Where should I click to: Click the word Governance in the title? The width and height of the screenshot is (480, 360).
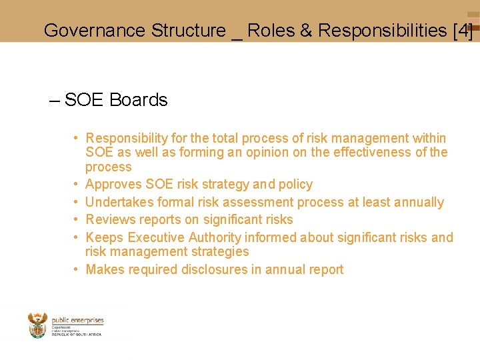[94, 31]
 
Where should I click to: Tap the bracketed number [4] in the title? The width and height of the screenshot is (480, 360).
[462, 31]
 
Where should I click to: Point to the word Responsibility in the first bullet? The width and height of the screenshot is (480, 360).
[127, 139]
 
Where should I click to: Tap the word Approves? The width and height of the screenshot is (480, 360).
[113, 185]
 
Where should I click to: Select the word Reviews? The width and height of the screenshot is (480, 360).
[110, 220]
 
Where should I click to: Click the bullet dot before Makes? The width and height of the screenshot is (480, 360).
[77, 269]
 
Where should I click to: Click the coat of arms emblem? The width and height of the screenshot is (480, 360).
[37, 325]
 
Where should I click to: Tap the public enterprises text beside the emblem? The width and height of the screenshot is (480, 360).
[77, 321]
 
